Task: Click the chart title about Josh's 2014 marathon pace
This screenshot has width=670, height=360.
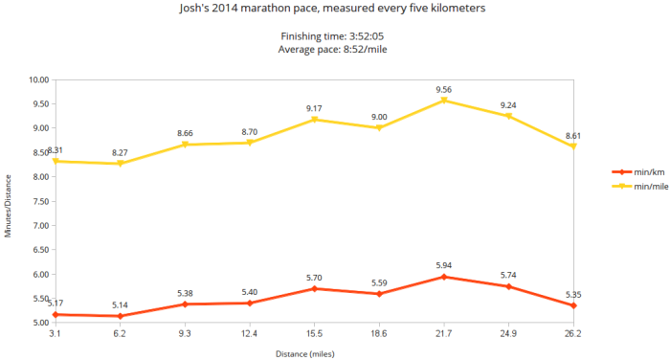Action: pos(335,9)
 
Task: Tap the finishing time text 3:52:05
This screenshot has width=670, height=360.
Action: pos(335,36)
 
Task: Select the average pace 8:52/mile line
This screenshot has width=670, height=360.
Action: pos(335,49)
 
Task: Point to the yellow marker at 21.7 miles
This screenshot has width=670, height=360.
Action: pos(443,101)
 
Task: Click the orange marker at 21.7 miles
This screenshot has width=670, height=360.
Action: pos(443,277)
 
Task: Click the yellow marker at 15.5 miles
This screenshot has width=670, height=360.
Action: pos(314,120)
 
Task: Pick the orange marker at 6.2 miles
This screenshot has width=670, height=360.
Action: pos(120,316)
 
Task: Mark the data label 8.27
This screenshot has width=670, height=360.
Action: pos(120,152)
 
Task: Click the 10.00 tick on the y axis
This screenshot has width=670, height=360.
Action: pos(38,79)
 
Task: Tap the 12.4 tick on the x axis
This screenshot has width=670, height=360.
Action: pos(249,334)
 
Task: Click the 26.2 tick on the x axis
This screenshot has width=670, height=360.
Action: pos(572,334)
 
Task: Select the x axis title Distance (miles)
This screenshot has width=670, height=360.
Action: pos(314,352)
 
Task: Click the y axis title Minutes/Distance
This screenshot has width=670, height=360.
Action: pos(9,205)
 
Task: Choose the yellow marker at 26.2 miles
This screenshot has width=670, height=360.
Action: pos(572,146)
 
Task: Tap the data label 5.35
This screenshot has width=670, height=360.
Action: pos(572,295)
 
